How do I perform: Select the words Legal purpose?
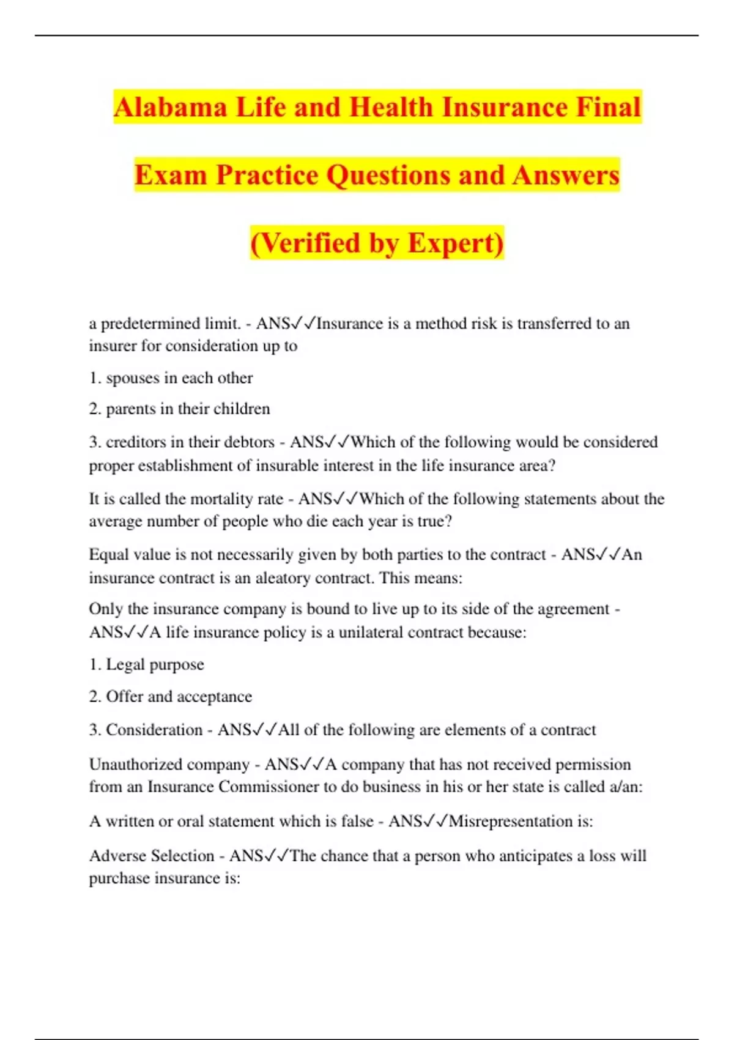click(155, 664)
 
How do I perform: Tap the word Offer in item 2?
click(125, 697)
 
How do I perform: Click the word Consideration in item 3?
click(154, 730)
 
